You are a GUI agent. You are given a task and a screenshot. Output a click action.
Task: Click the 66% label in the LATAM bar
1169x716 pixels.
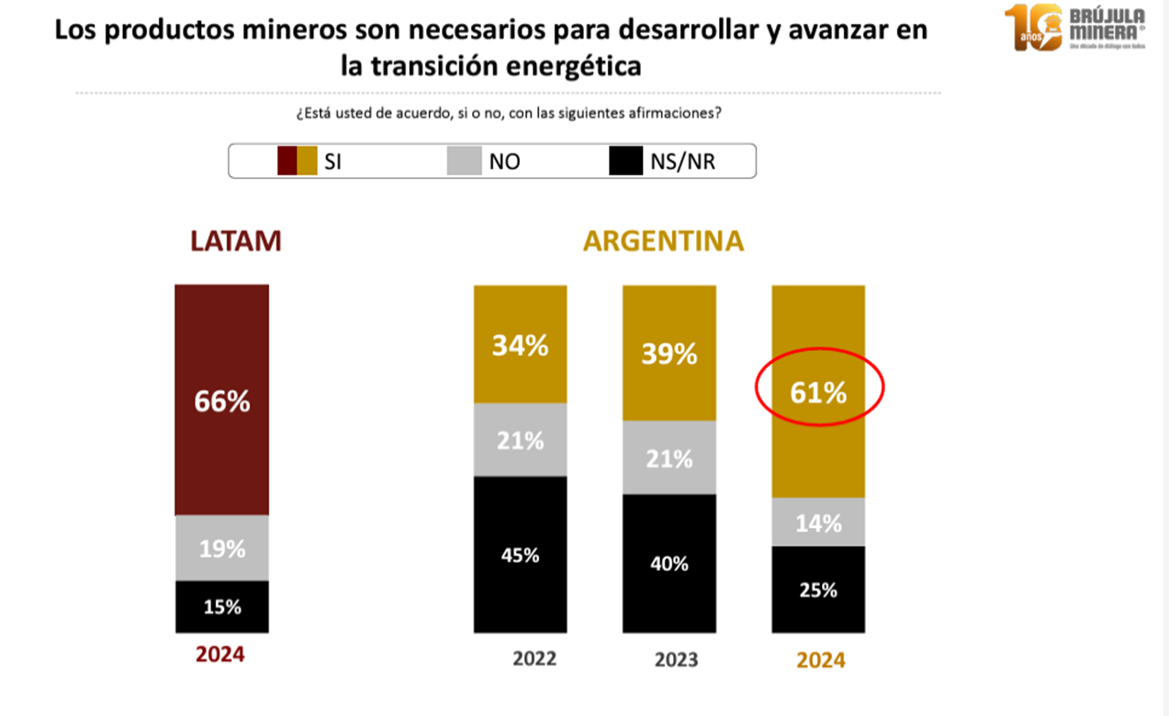pos(221,402)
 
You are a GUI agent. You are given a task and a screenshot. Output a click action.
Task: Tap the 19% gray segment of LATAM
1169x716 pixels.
pos(221,549)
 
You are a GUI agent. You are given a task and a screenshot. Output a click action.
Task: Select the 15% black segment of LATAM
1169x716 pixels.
pos(221,607)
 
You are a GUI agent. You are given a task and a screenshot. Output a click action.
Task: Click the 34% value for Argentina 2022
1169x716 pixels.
pos(520,346)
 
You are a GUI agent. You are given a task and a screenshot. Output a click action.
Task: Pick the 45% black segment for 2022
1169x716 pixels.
pos(520,554)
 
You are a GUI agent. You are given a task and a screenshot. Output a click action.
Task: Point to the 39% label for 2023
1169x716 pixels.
pos(669,353)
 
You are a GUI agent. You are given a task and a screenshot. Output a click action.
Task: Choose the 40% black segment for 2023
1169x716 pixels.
pos(669,564)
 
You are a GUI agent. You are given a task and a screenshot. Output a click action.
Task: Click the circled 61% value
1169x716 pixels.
pos(818,393)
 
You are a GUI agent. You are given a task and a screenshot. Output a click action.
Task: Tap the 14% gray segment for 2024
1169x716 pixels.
pos(818,523)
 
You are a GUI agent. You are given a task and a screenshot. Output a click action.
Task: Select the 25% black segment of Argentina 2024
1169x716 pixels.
pos(818,590)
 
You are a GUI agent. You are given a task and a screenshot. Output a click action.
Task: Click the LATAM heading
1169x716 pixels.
pos(235,241)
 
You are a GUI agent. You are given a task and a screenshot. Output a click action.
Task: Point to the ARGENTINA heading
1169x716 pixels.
pos(664,241)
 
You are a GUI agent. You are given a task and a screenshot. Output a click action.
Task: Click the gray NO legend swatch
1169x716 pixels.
pos(465,162)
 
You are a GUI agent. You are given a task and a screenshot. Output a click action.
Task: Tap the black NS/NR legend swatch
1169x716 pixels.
pos(625,162)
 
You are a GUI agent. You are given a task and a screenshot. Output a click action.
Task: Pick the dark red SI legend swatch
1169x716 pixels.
pos(287,162)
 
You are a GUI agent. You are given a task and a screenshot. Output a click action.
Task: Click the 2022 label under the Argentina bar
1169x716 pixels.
pos(534,658)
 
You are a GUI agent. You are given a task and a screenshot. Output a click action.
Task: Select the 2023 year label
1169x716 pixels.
pos(676,659)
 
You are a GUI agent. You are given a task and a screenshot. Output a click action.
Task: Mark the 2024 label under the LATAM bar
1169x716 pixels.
pos(220,655)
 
